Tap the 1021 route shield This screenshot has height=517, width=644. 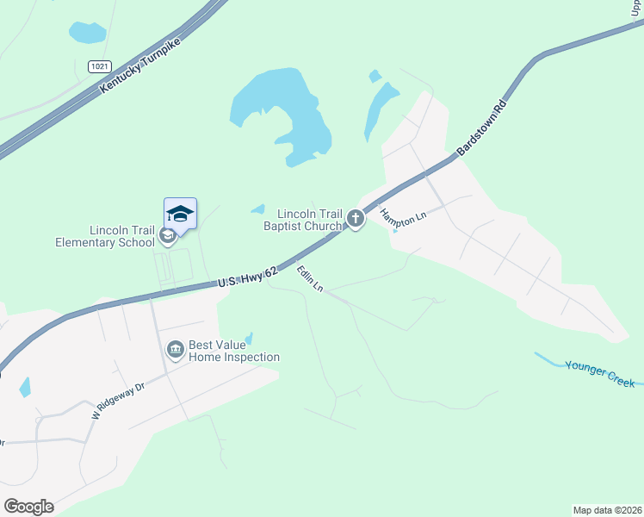(99, 65)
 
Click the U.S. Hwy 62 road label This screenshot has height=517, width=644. (247, 277)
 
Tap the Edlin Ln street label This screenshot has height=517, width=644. (309, 278)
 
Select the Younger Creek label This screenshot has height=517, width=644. (599, 373)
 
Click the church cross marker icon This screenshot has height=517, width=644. (355, 220)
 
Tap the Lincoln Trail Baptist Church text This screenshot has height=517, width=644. (303, 220)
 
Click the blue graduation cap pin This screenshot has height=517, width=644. (180, 213)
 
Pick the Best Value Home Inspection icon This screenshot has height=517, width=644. (176, 350)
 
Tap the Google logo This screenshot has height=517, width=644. (28, 506)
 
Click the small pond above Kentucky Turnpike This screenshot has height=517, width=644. (87, 33)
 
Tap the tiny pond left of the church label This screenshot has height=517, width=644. (257, 209)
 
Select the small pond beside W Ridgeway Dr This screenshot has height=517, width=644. (25, 387)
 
